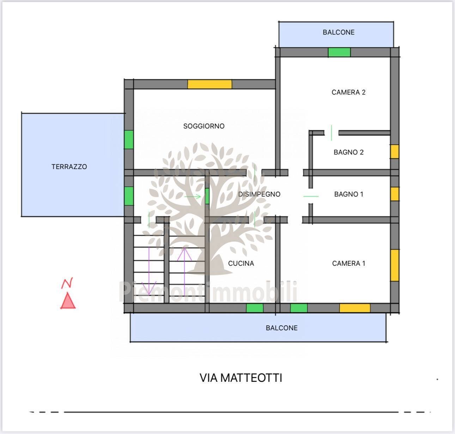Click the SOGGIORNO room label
[x=204, y=126]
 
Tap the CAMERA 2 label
[x=348, y=92]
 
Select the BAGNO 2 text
[x=348, y=152]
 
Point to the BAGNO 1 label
[x=349, y=194]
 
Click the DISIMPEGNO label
[x=259, y=194]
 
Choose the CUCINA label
[x=241, y=263]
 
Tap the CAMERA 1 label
[x=348, y=263]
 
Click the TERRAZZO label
[x=69, y=167]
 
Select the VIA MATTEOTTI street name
[x=241, y=378]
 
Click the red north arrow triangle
[x=68, y=301]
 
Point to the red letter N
[x=67, y=283]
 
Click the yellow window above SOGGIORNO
[x=210, y=84]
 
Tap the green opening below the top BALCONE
[x=339, y=52]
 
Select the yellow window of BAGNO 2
[x=395, y=152]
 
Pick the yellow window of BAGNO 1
[x=395, y=194]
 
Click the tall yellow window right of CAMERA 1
[x=395, y=265]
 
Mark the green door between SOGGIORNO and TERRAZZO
[x=129, y=140]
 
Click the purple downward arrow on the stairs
[x=149, y=271]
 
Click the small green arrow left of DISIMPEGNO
[x=193, y=197]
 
